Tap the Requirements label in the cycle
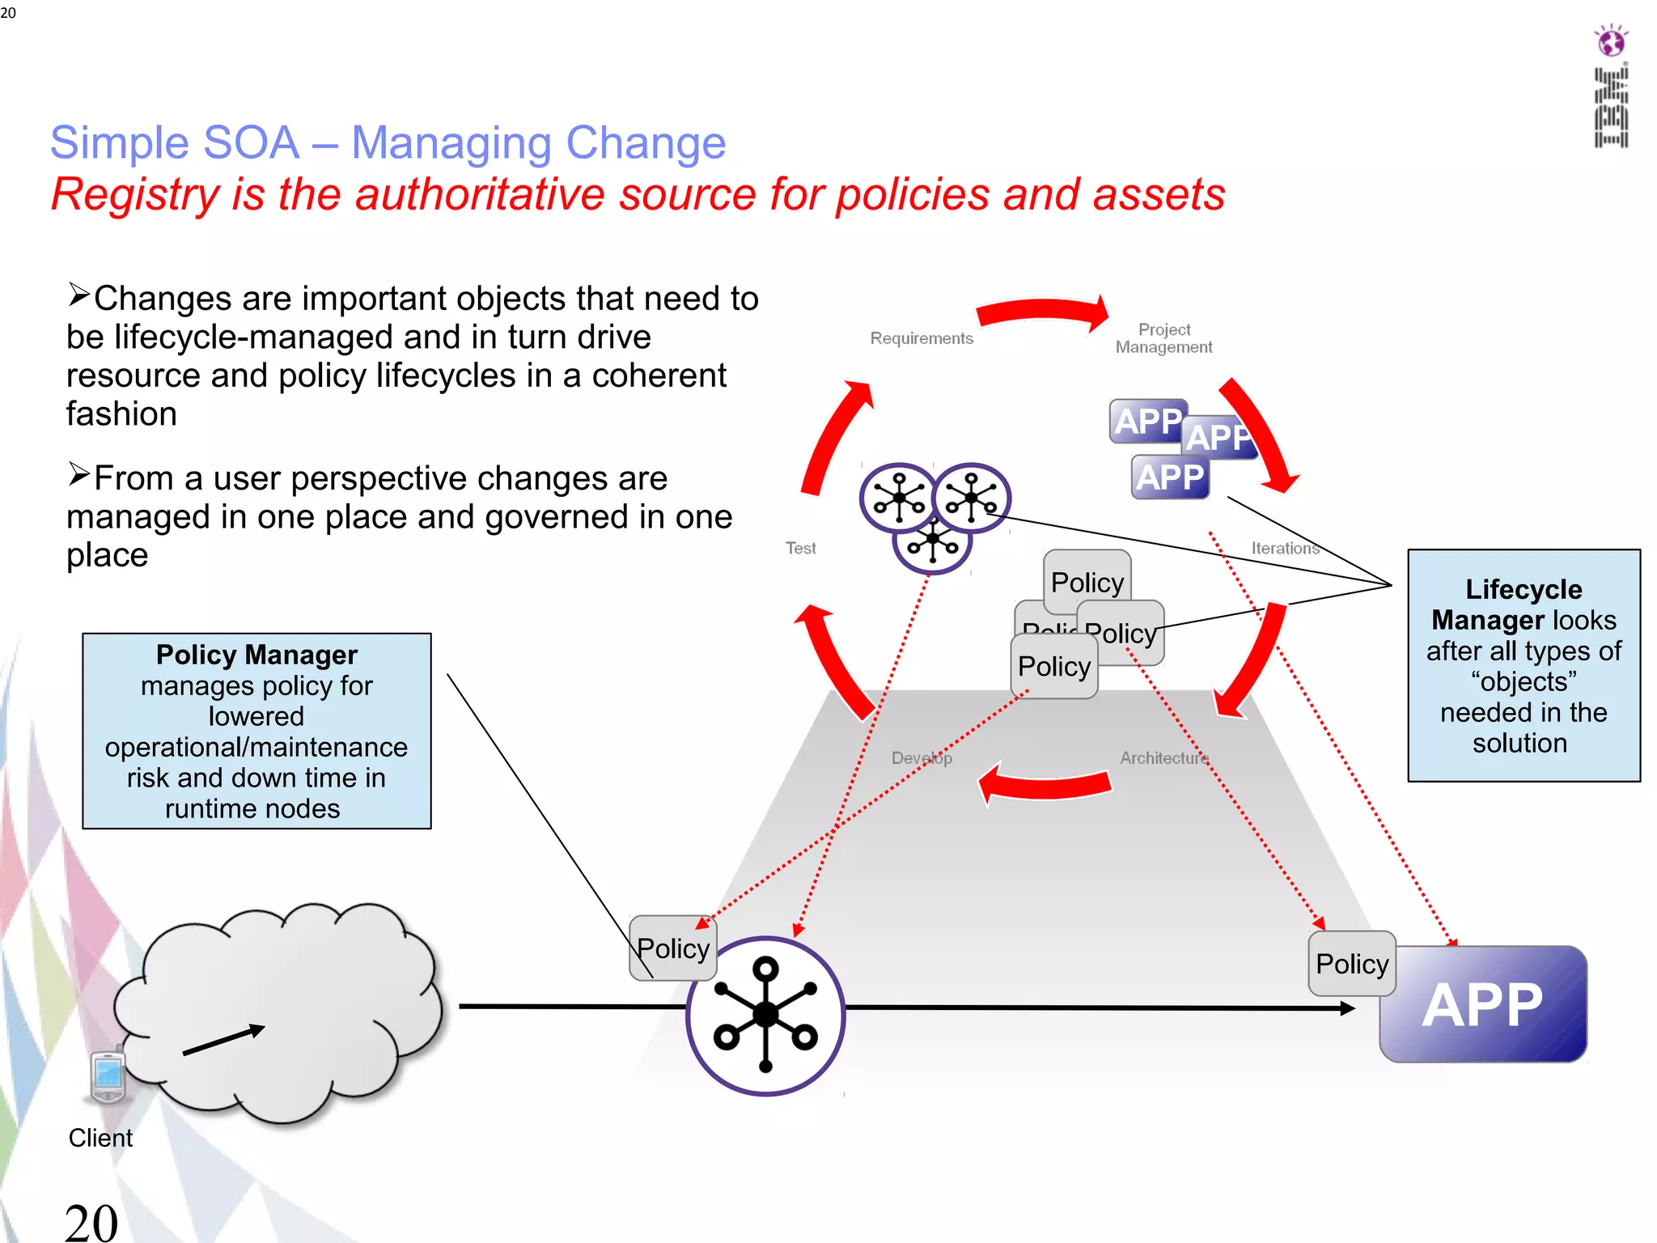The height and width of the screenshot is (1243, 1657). click(x=922, y=338)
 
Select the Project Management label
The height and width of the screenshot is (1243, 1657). click(x=1163, y=338)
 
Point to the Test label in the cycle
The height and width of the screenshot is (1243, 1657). click(x=800, y=548)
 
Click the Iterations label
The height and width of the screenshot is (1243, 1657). click(x=1285, y=548)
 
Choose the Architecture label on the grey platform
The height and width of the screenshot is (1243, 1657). click(x=1163, y=757)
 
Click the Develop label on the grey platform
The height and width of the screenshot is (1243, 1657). click(x=922, y=757)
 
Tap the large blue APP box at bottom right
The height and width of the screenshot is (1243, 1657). click(x=1483, y=1004)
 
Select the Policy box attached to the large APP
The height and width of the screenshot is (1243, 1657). click(x=1351, y=963)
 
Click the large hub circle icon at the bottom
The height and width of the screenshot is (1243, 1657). click(x=765, y=1016)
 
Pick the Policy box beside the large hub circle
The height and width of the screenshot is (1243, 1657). click(x=672, y=948)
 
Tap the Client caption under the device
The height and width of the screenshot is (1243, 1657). click(x=100, y=1138)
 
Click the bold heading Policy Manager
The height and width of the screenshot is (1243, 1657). click(x=256, y=654)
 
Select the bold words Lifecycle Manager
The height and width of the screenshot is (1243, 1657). click(x=1523, y=604)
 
